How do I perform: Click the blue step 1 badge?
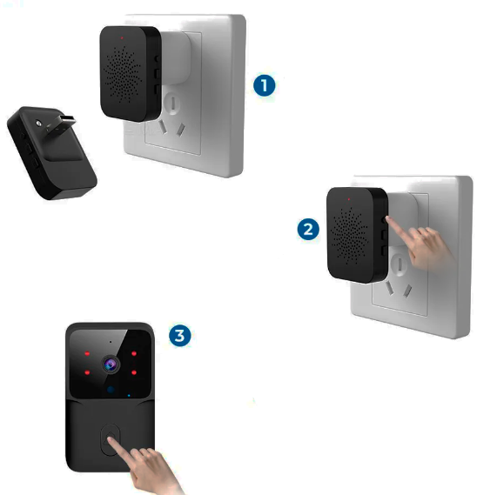pyautogui.click(x=265, y=84)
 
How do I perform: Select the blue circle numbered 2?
pyautogui.click(x=306, y=229)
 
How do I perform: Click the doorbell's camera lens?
pyautogui.click(x=111, y=365)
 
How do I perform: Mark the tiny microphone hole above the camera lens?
pyautogui.click(x=111, y=344)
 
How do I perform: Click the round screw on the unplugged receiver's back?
pyautogui.click(x=38, y=127)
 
